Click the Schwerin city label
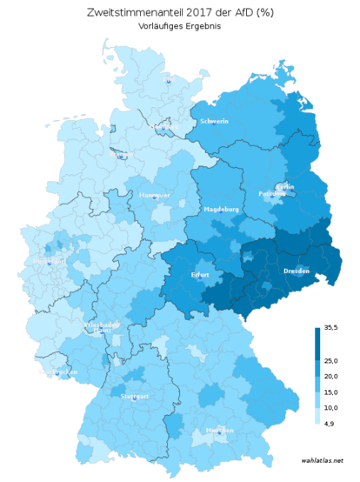(x=214, y=122)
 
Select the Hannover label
(x=154, y=195)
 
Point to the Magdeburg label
(x=221, y=210)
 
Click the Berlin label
(x=284, y=186)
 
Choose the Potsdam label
(x=271, y=194)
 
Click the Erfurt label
(x=200, y=275)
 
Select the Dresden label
(x=297, y=271)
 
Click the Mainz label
(x=102, y=331)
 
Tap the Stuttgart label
(x=135, y=396)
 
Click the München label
(x=219, y=431)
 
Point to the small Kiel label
(x=168, y=80)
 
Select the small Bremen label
(x=123, y=157)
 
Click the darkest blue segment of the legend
(x=317, y=335)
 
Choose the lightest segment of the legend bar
(x=317, y=418)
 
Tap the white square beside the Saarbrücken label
(x=40, y=372)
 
